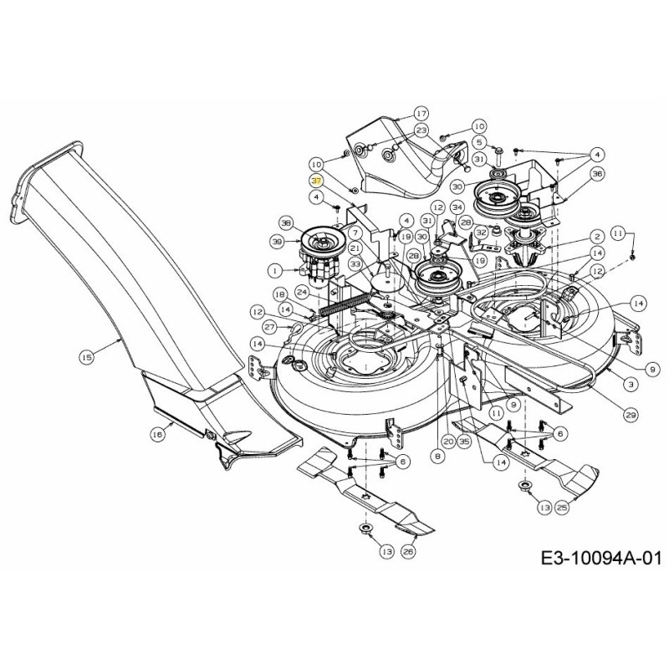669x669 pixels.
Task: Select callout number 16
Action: pos(156,434)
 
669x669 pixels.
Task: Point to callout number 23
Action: pos(421,130)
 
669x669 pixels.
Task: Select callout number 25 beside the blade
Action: pos(562,507)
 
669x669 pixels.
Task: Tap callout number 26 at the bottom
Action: pos(409,552)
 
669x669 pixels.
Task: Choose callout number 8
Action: pos(437,457)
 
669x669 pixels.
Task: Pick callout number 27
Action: pos(269,326)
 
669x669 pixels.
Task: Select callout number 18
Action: pos(279,294)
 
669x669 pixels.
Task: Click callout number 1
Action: pos(273,270)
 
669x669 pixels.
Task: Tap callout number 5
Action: pos(479,142)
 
